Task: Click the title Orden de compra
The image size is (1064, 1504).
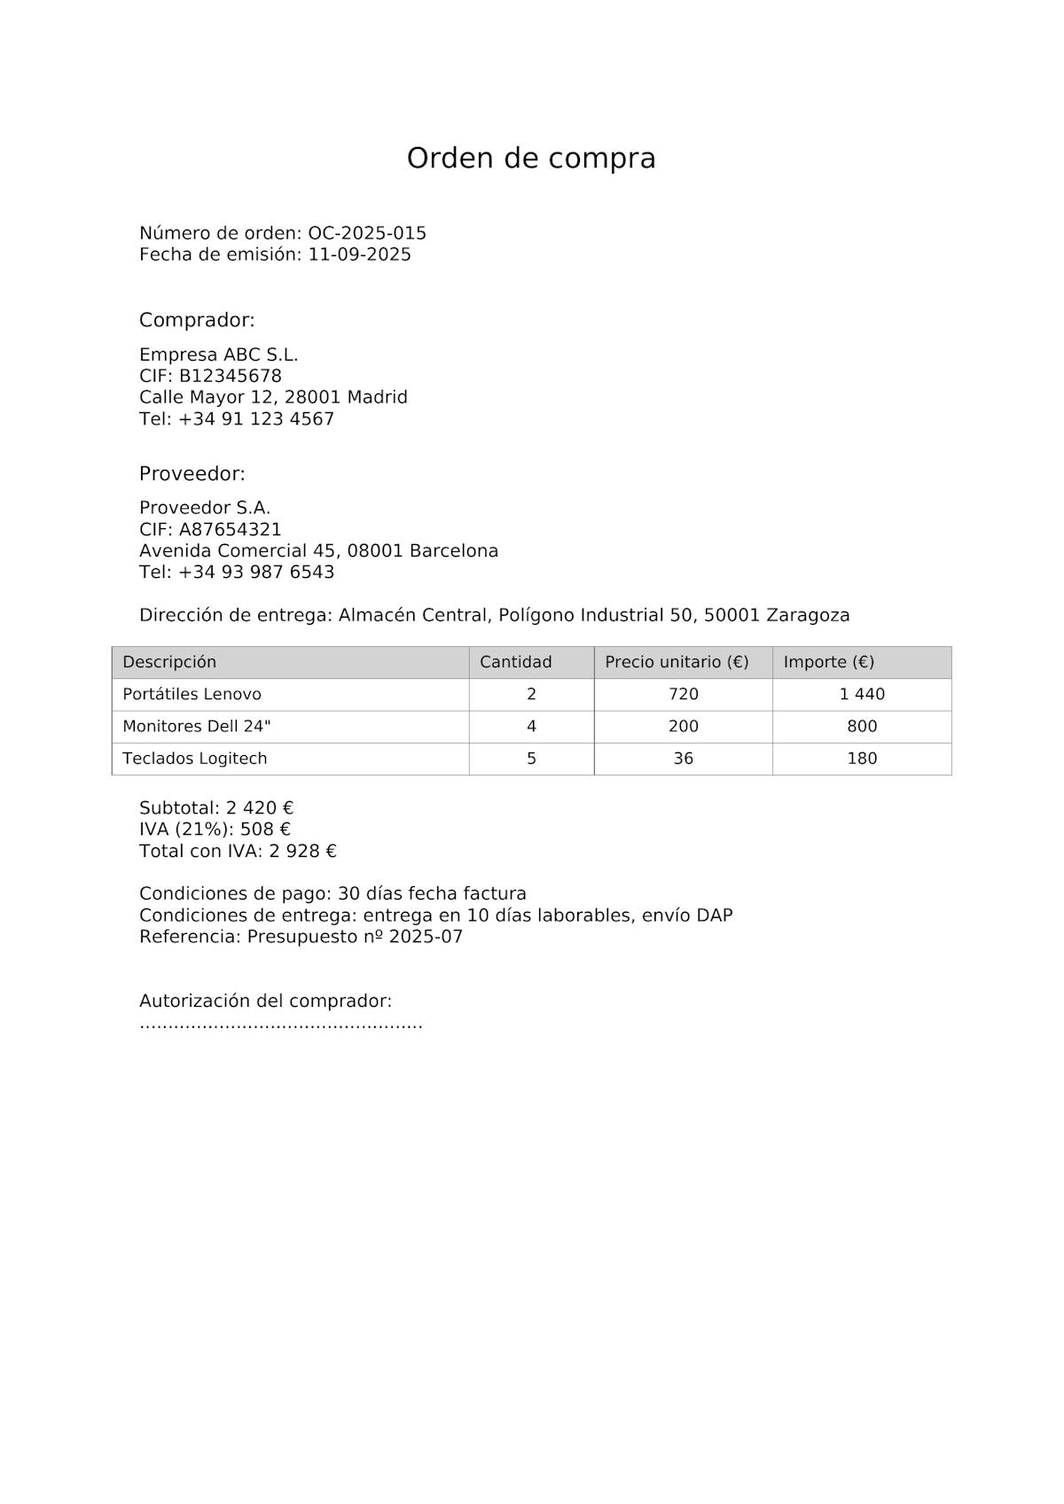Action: click(x=531, y=159)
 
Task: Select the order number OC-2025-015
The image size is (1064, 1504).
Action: click(x=367, y=233)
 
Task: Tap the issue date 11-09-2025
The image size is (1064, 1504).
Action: click(x=360, y=255)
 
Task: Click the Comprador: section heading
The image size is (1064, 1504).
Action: click(x=197, y=320)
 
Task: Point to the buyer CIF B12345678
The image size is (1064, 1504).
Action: click(x=231, y=376)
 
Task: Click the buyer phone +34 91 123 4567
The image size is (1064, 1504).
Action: click(x=256, y=419)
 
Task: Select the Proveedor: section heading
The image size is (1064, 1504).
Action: click(x=192, y=474)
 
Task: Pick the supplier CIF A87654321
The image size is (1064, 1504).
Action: click(x=231, y=530)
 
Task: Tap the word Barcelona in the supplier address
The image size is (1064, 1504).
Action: click(x=453, y=551)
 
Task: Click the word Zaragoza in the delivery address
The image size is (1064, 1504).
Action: click(x=808, y=615)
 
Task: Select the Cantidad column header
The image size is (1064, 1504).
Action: click(x=516, y=662)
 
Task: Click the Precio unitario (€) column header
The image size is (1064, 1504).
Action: click(x=677, y=662)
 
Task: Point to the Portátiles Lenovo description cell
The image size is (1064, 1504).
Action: click(x=192, y=694)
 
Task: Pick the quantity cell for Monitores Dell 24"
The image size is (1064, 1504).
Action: click(x=531, y=727)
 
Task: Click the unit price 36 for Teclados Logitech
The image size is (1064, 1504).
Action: click(x=683, y=759)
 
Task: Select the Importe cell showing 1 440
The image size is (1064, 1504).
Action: click(x=862, y=694)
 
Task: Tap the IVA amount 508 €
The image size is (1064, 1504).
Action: click(x=265, y=830)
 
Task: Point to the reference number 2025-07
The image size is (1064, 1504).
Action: click(x=426, y=937)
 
